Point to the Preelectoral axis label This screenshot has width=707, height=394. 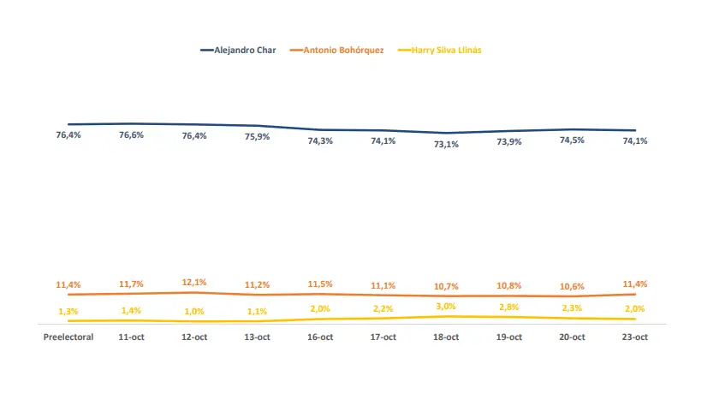click(68, 337)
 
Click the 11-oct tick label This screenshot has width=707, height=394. click(132, 337)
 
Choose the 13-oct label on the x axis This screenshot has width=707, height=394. click(257, 337)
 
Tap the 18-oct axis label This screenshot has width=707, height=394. click(446, 337)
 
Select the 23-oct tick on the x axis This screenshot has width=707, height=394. click(634, 337)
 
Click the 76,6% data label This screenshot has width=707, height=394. click(132, 134)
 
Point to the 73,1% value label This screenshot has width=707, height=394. click(446, 144)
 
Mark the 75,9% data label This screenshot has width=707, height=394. click(257, 136)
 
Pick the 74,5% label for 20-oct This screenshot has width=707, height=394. click(572, 140)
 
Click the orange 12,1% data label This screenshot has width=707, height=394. click(194, 282)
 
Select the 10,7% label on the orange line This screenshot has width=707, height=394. click(446, 285)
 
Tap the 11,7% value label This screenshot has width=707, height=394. click(132, 284)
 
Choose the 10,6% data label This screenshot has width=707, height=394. click(572, 286)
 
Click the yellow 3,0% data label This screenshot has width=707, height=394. click(446, 306)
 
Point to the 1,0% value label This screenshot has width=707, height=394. click(194, 312)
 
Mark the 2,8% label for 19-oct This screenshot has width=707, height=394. click(509, 307)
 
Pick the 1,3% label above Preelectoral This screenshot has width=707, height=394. click(68, 311)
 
